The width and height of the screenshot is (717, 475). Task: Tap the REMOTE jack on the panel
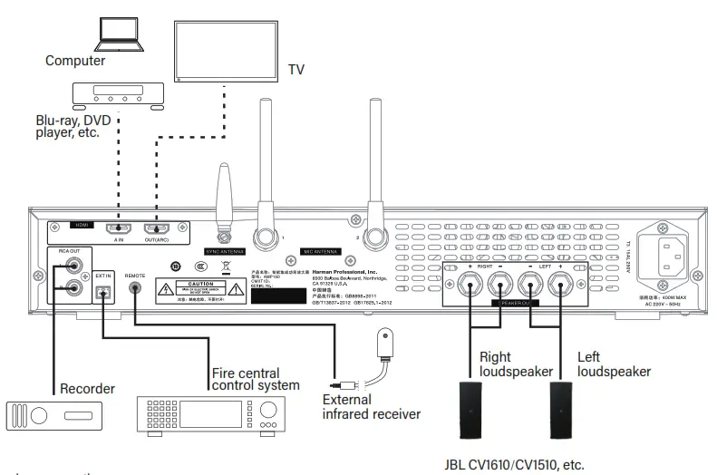coord(135,288)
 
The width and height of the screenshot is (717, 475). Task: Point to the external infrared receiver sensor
coord(385,344)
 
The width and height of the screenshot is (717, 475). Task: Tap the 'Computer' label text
coord(75,62)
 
